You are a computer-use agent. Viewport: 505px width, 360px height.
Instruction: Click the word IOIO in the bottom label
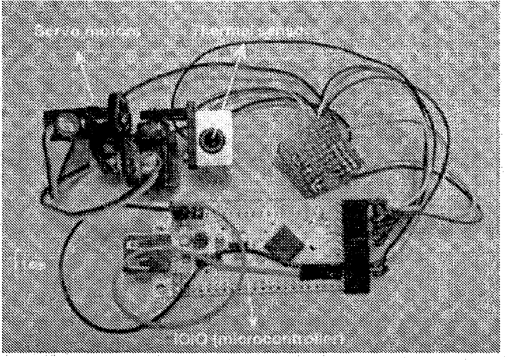(196, 338)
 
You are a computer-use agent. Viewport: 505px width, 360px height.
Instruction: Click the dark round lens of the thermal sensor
(211, 141)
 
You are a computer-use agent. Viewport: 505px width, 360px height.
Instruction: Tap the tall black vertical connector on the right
(356, 245)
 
